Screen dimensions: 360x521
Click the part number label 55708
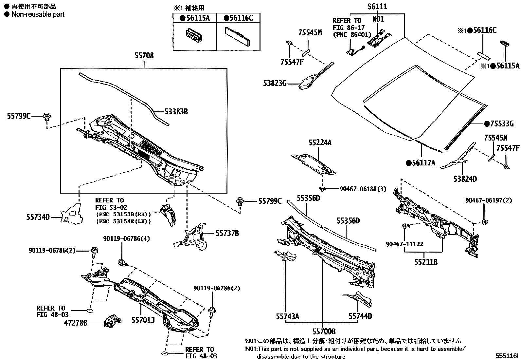144,56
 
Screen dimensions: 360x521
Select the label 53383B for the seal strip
176,112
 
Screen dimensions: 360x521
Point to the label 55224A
320,142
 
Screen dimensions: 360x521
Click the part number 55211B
426,262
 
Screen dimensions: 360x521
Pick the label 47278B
76,323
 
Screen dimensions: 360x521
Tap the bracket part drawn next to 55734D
71,214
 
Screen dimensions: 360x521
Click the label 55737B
227,233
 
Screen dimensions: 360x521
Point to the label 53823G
275,84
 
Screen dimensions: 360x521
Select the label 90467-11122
404,244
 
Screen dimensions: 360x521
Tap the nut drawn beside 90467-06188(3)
323,189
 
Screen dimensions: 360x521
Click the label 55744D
360,316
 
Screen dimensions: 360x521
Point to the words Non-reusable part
38,14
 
